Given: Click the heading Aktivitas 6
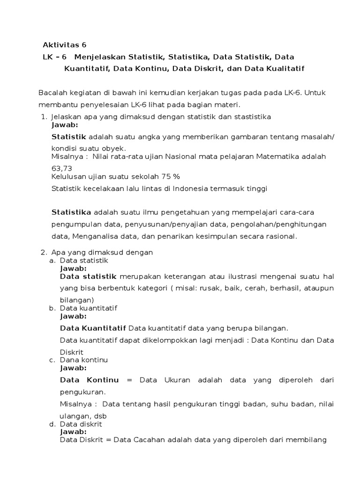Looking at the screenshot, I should [x=65, y=45].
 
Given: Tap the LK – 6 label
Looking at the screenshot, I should [x=55, y=57].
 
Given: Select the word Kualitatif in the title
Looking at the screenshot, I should [x=285, y=69].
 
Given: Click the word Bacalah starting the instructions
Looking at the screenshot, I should [x=52, y=92].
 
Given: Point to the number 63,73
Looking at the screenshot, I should [x=61, y=168].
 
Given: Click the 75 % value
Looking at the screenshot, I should [x=171, y=177].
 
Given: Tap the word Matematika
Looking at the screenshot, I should [x=277, y=156].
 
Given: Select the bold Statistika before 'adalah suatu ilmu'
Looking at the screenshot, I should [x=71, y=212].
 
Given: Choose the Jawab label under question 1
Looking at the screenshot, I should [x=65, y=125].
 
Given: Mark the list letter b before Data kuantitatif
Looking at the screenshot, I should [x=52, y=308].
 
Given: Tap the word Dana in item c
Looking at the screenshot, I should [x=68, y=360].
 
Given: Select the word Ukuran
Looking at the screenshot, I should [x=178, y=380].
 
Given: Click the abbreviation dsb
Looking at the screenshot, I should [x=100, y=416].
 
